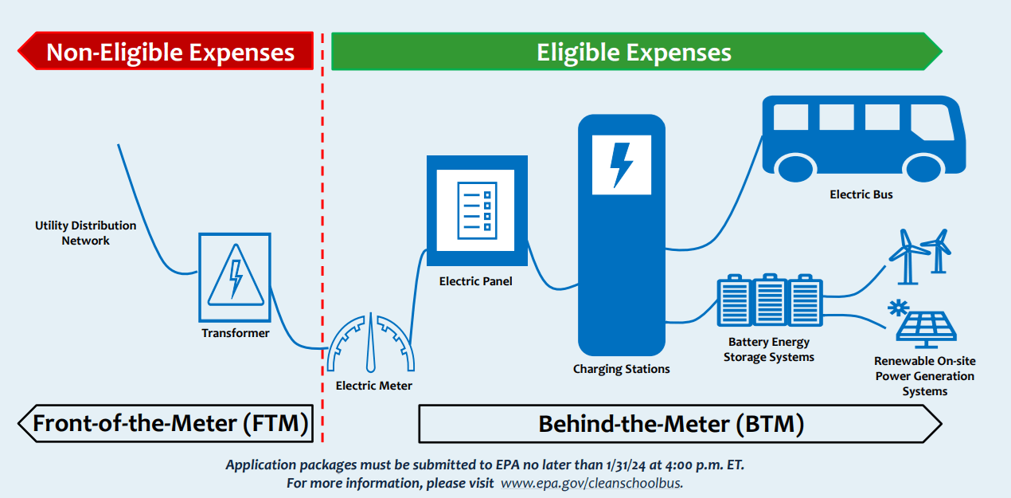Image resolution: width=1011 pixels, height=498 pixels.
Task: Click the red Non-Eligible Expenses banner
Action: click(167, 53)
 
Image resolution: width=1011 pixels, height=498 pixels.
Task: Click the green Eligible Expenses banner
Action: click(634, 53)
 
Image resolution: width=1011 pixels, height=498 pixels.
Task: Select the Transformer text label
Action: click(236, 333)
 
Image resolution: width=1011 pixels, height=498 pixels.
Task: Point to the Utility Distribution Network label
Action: click(85, 233)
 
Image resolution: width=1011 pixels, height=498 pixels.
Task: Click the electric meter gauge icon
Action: click(372, 343)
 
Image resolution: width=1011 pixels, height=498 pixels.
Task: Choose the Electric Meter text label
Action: click(374, 386)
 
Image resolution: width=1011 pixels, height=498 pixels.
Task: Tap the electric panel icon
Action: click(477, 211)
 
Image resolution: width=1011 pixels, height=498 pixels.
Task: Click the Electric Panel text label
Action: click(476, 281)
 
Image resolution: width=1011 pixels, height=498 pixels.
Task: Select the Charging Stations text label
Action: click(622, 369)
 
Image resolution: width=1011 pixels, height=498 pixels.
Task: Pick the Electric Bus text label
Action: click(861, 194)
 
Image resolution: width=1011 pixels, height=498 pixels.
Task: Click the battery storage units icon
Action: click(769, 301)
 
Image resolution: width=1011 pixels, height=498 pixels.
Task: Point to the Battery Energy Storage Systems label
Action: click(769, 350)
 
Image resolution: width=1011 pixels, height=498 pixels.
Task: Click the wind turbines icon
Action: click(919, 255)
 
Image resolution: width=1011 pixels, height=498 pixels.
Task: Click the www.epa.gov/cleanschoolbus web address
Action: click(591, 483)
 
